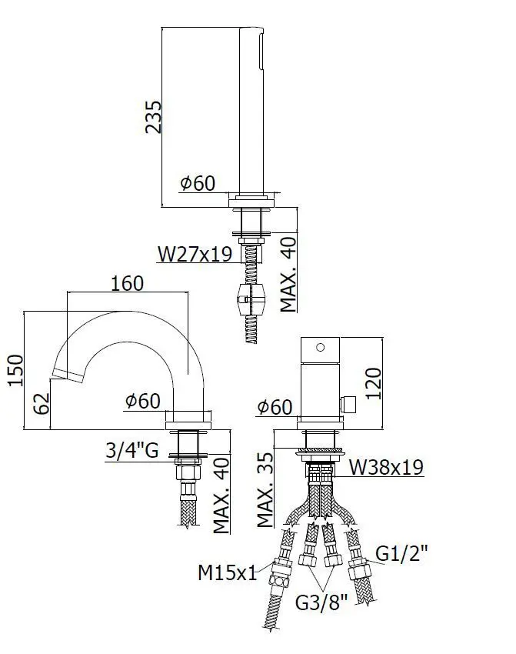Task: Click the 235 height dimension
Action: pyautogui.click(x=153, y=116)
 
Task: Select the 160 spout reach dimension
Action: pyautogui.click(x=127, y=283)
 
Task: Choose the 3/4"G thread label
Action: pyautogui.click(x=131, y=450)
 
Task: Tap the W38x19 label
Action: pyautogui.click(x=385, y=467)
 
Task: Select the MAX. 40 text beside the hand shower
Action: pyautogui.click(x=288, y=275)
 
